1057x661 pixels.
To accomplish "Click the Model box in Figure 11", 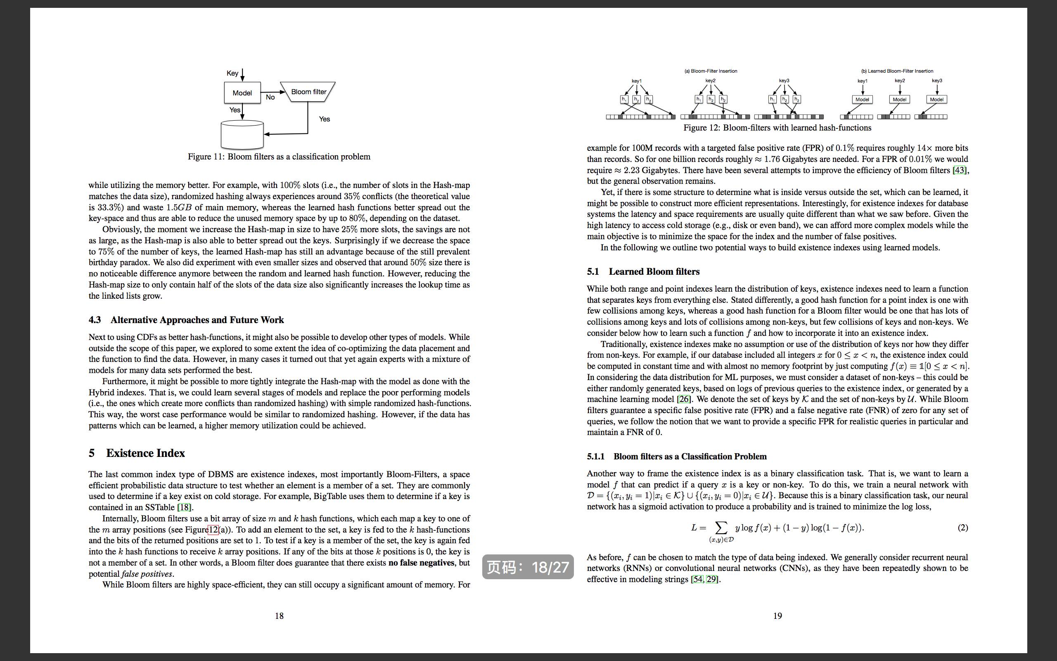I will click(x=242, y=93).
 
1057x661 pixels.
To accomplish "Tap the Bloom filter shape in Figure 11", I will click(x=308, y=92).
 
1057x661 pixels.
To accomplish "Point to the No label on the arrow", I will click(x=270, y=97).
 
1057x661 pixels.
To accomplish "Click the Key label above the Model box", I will click(x=232, y=73).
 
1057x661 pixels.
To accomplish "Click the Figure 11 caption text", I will click(x=279, y=157).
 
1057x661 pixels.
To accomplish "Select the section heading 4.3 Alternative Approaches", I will click(x=186, y=320).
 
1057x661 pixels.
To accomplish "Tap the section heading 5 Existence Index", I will click(x=137, y=453).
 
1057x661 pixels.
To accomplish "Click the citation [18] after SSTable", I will click(x=185, y=507).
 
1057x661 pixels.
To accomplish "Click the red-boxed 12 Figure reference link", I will click(x=213, y=529).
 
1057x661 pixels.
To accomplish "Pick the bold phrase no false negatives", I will click(x=421, y=563).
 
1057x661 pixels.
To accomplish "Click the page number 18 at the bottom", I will click(x=279, y=616).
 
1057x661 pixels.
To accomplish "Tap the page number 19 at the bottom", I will click(x=777, y=616).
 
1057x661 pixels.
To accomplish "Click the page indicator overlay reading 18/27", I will click(x=528, y=567).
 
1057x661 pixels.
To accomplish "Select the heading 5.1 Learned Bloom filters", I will click(x=643, y=271).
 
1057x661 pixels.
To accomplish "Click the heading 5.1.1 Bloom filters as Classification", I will click(x=677, y=457).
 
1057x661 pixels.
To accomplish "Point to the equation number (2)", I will click(x=963, y=528).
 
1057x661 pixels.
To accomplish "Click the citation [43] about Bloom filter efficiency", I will click(x=960, y=170).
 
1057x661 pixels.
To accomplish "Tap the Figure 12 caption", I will click(x=777, y=128).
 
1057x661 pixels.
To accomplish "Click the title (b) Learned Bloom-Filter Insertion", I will click(x=897, y=71).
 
